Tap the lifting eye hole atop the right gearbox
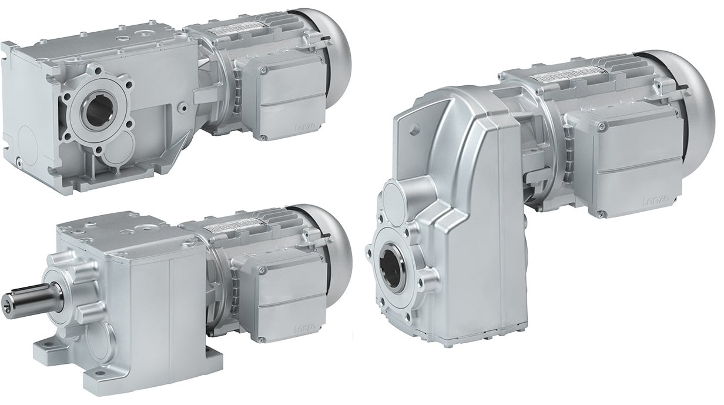click(x=418, y=128)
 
